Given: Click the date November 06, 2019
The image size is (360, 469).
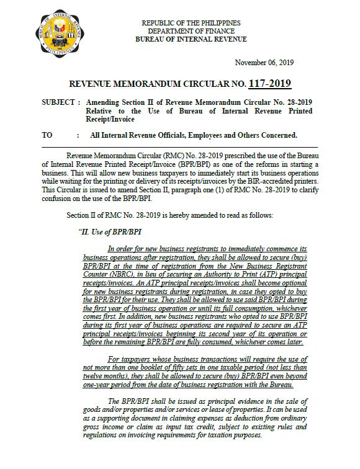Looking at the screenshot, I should pos(264,63).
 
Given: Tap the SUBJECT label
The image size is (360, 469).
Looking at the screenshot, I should pos(57,101).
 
